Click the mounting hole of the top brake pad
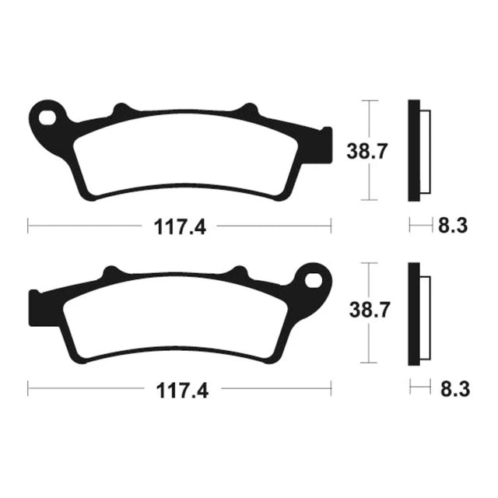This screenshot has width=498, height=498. pyautogui.click(x=47, y=117)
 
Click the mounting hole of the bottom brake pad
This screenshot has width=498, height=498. pyautogui.click(x=313, y=281)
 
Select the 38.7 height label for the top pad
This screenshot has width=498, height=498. pyautogui.click(x=367, y=152)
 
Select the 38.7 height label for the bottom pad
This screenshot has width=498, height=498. pyautogui.click(x=370, y=310)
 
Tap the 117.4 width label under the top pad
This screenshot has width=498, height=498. pyautogui.click(x=180, y=226)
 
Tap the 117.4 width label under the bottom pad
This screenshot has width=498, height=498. pyautogui.click(x=182, y=391)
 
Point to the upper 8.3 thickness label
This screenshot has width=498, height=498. pyautogui.click(x=453, y=226)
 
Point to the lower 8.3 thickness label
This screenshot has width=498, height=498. pyautogui.click(x=455, y=389)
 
